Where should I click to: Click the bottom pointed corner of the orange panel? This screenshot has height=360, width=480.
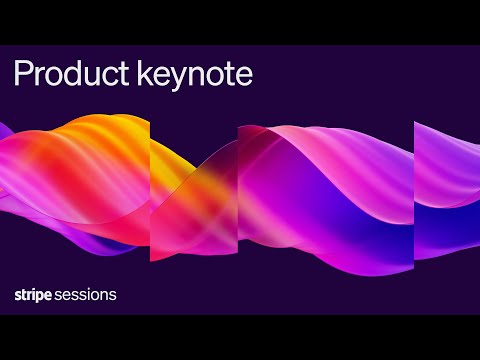[152, 258]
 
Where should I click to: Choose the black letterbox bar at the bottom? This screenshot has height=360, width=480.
[240, 337]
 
